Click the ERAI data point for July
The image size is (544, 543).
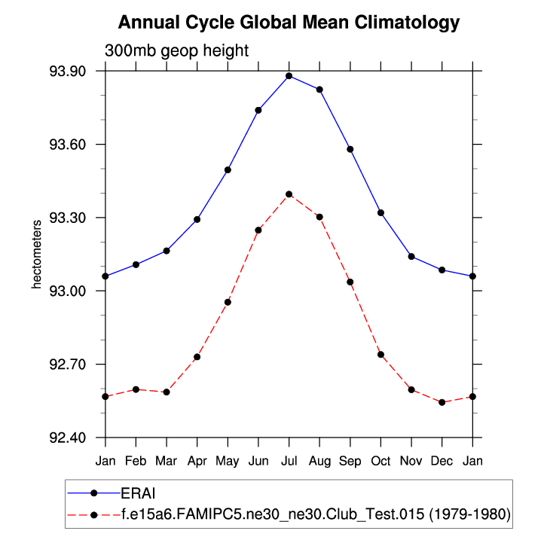pos(289,76)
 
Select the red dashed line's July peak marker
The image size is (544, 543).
pos(289,194)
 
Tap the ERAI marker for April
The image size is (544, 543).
pos(197,219)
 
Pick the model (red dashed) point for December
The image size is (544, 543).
pos(442,402)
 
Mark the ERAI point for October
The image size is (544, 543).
pos(380,213)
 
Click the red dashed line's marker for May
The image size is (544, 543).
pos(228,302)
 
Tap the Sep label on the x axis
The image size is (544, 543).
pos(350,459)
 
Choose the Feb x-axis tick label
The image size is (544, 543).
pos(136,459)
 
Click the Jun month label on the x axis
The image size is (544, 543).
pos(258,459)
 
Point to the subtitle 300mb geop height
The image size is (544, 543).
pos(176,50)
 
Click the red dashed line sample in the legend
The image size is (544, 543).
pos(93,514)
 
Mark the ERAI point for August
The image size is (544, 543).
pos(319,90)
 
